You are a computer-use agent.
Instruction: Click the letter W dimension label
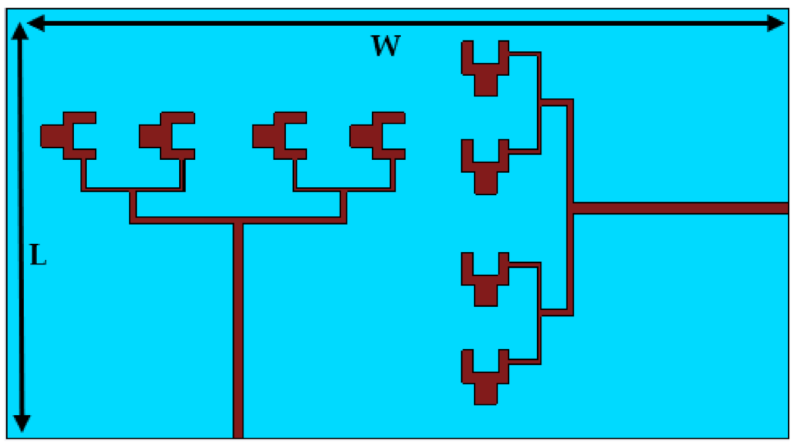[x=386, y=46]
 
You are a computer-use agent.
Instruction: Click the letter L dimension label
[x=39, y=256]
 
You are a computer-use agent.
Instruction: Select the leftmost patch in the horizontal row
[x=64, y=135]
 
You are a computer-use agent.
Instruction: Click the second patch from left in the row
[x=163, y=135]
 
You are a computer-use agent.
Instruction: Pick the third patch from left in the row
[x=276, y=135]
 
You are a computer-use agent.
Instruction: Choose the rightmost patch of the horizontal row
[x=374, y=135]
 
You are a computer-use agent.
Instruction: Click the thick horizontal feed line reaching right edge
[x=681, y=208]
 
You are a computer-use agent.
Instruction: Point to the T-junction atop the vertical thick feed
[x=238, y=221]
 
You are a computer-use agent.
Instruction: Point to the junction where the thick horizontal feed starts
[x=571, y=208]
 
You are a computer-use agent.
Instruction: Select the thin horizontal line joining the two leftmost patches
[x=132, y=189]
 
